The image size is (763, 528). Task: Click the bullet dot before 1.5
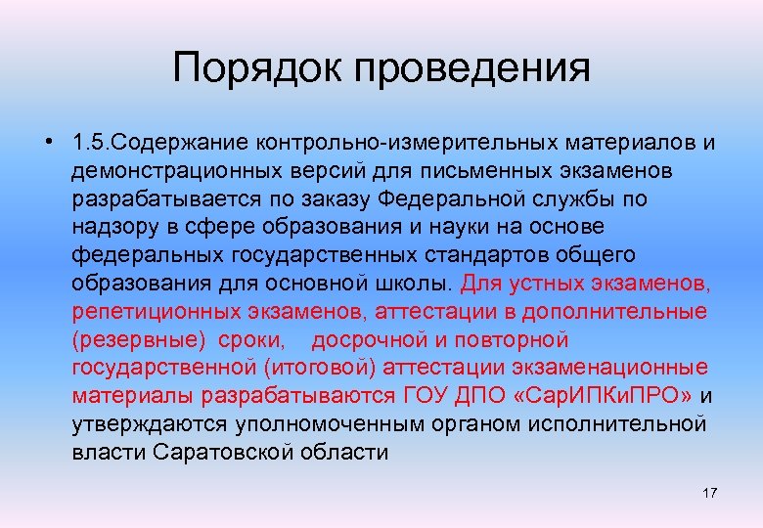point(48,143)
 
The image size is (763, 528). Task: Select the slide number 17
point(709,493)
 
